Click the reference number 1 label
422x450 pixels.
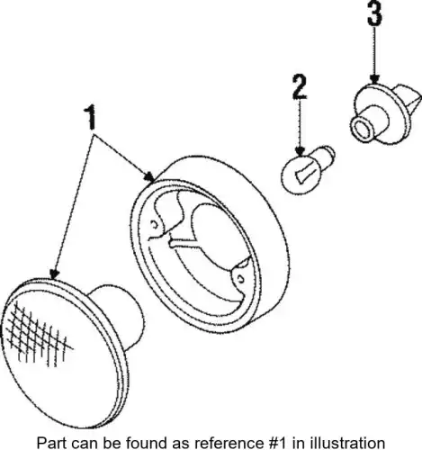click(x=90, y=117)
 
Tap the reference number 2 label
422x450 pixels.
click(x=300, y=86)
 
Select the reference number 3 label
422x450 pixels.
click(x=374, y=13)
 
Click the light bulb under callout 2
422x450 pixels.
click(x=308, y=168)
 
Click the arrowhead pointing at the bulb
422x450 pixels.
click(x=300, y=150)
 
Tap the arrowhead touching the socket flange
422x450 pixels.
click(x=374, y=79)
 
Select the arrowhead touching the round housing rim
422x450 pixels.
click(x=149, y=177)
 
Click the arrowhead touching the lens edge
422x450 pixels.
click(x=54, y=274)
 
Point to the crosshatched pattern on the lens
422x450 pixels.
click(x=39, y=334)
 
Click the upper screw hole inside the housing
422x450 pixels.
click(x=155, y=224)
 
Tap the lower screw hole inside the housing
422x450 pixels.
click(x=240, y=279)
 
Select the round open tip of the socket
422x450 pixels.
click(x=362, y=128)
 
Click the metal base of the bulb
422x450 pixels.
click(x=326, y=155)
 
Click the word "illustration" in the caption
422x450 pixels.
click(x=347, y=443)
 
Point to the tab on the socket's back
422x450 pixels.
click(x=409, y=99)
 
